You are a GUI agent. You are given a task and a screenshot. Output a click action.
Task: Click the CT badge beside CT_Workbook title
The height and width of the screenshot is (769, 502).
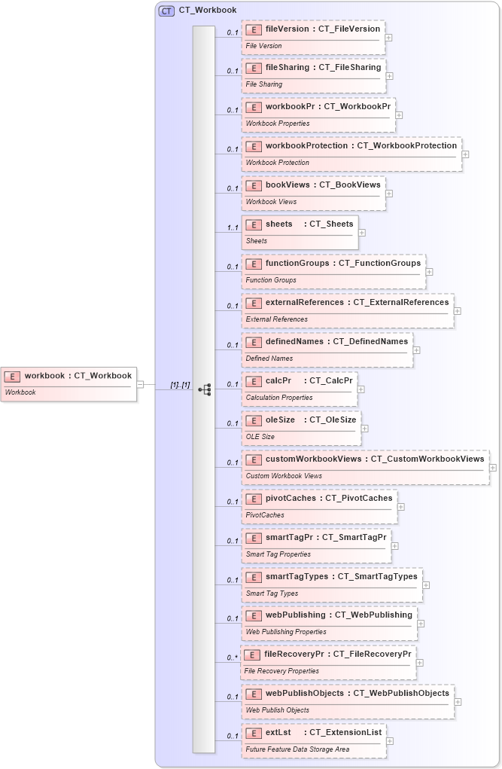[x=166, y=11]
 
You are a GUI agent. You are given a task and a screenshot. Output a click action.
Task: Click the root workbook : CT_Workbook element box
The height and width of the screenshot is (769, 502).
[x=68, y=383]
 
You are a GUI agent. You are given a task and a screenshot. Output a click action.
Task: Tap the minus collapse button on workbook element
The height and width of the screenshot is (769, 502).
[x=140, y=384]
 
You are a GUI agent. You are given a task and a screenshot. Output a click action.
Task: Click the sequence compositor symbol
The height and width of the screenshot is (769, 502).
[x=204, y=389]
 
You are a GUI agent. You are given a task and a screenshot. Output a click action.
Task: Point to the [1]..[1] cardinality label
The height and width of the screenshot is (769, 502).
[x=180, y=385]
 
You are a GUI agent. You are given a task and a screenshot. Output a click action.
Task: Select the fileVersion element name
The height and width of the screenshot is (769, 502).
[x=287, y=29]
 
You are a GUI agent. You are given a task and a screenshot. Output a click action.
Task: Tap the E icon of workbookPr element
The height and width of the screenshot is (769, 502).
[x=254, y=107]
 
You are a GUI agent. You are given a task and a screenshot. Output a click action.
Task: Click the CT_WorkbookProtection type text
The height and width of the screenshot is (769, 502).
[x=406, y=145]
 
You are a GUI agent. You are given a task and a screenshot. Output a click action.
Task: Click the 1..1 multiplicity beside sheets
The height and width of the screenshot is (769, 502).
[x=233, y=227]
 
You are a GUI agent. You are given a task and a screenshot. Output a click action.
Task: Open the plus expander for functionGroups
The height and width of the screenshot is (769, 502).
[x=429, y=272]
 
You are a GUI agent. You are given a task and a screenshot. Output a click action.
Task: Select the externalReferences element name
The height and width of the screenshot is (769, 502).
[x=306, y=302]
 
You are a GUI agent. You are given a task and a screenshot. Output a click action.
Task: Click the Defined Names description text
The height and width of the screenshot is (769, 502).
[x=269, y=359]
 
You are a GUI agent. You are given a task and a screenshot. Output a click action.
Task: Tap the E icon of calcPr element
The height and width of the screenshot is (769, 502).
[x=254, y=381]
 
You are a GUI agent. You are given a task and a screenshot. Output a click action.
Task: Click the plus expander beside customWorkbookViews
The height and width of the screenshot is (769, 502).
[x=493, y=468]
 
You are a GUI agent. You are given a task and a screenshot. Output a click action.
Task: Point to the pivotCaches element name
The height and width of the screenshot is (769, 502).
[x=291, y=498]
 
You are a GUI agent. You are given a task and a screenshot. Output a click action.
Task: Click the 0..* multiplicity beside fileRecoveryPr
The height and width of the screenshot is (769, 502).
[x=233, y=658]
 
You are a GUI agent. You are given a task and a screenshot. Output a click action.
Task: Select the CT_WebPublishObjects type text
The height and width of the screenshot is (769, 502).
[x=401, y=693]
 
